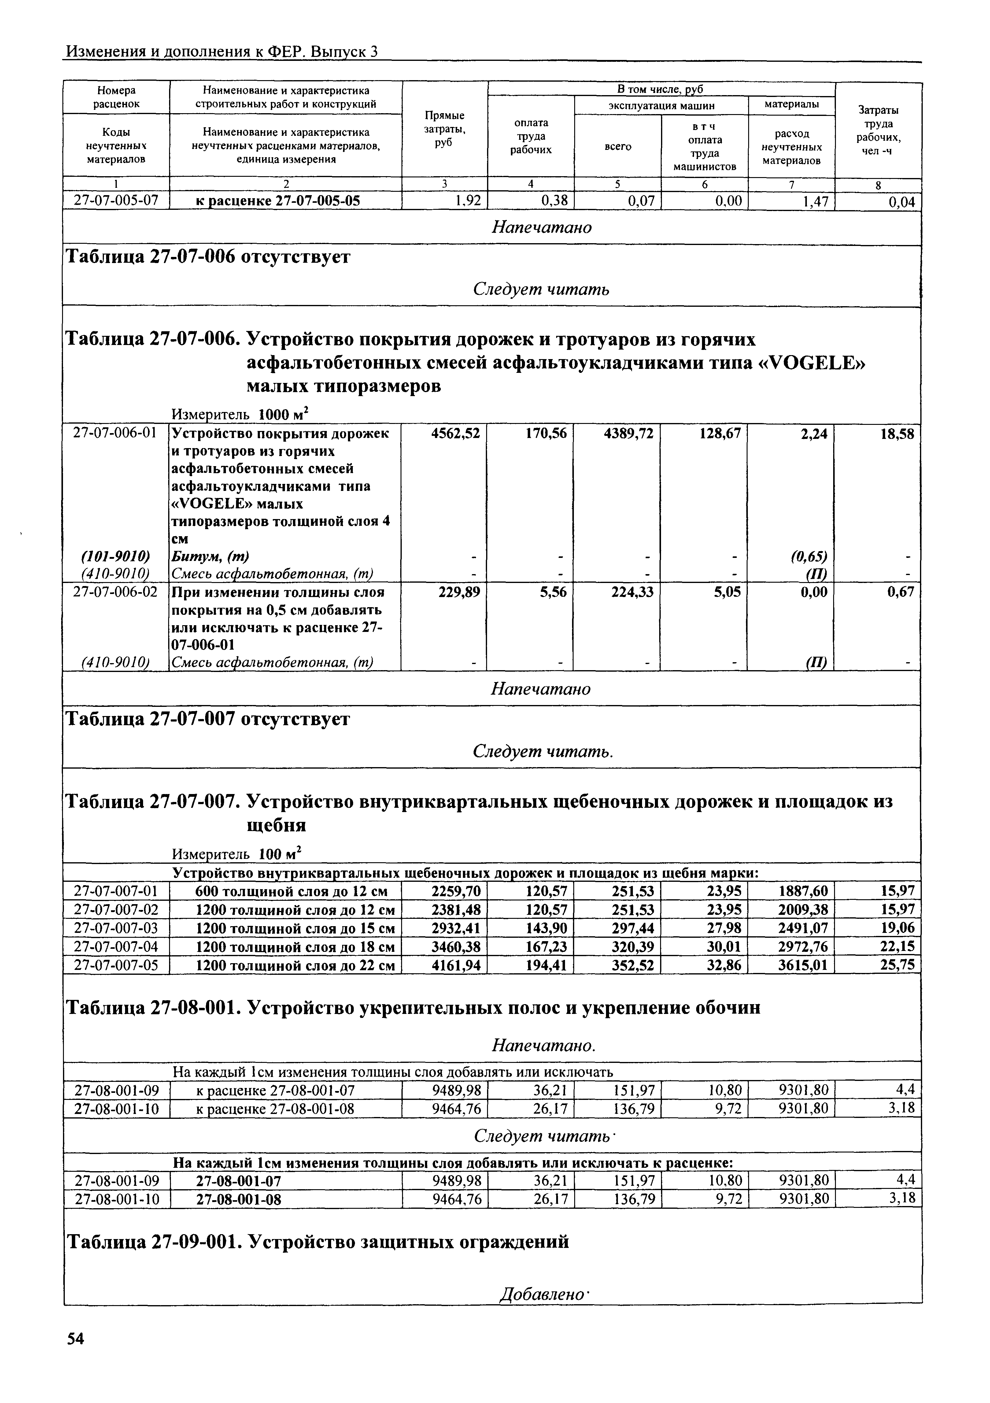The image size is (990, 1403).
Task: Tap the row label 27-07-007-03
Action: tap(116, 928)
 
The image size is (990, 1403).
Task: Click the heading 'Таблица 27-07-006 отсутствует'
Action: tap(208, 257)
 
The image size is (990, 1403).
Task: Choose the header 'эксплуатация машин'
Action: tap(661, 106)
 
